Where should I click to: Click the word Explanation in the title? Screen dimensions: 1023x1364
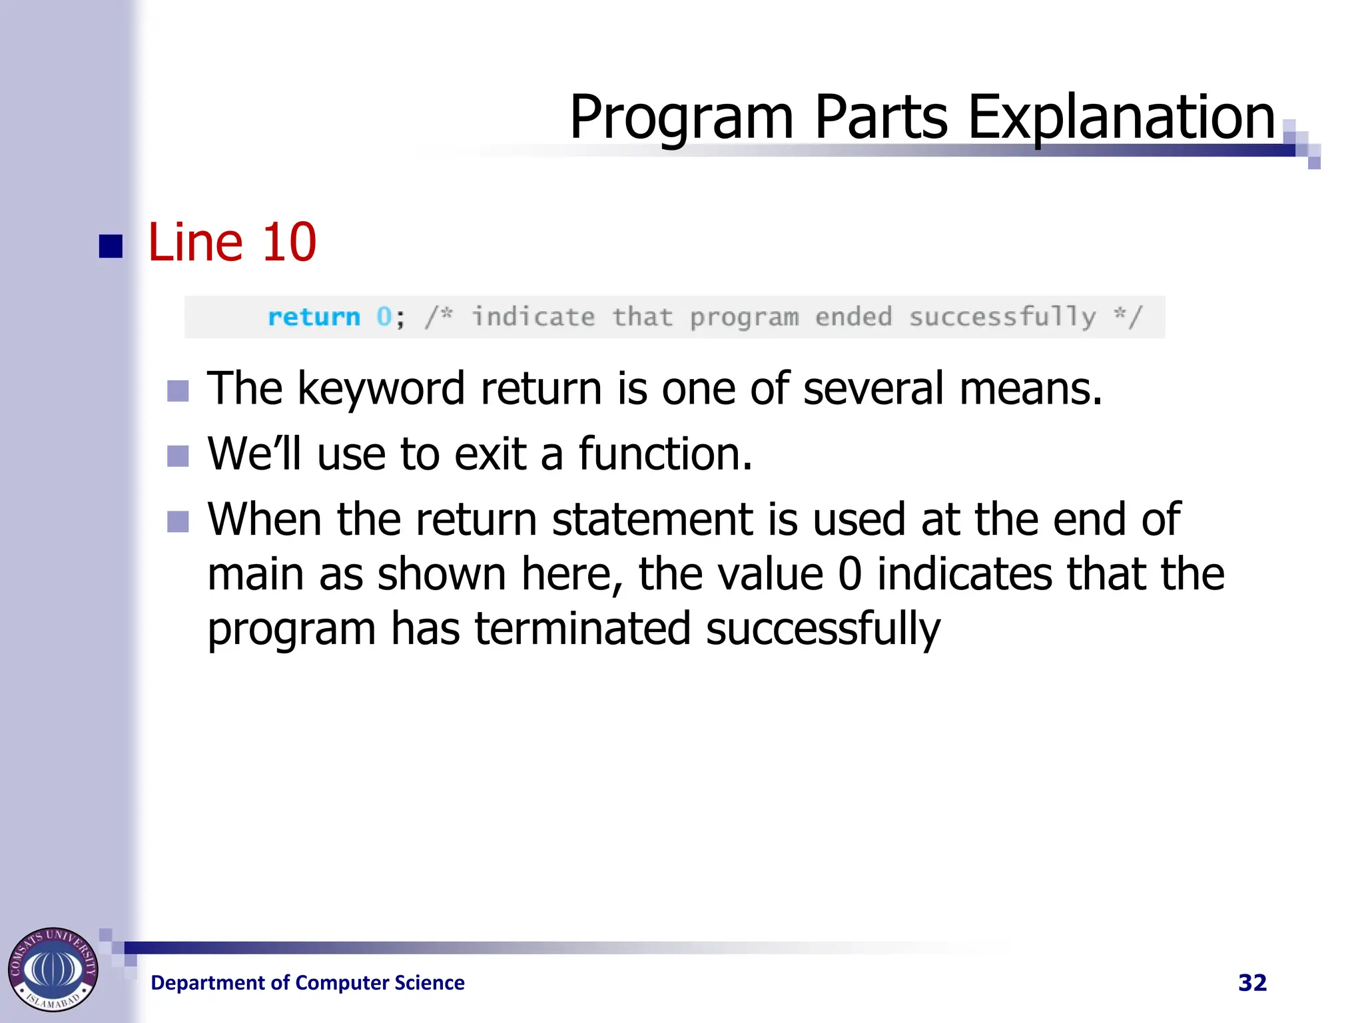tap(1120, 117)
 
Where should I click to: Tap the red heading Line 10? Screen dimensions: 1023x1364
tap(231, 242)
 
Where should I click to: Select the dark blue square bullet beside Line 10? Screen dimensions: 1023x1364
tap(111, 246)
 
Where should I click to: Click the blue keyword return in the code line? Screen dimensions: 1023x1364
tap(314, 317)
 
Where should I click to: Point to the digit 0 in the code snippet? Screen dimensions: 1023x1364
tap(384, 317)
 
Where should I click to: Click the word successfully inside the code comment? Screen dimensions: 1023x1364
tap(1002, 317)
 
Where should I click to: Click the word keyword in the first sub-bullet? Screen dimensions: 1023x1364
tap(381, 389)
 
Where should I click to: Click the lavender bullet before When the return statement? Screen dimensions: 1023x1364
tap(178, 521)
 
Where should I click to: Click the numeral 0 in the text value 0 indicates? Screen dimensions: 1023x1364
tap(850, 574)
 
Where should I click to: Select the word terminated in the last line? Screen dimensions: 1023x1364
tap(582, 629)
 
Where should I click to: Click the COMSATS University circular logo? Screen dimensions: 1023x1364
tap(53, 969)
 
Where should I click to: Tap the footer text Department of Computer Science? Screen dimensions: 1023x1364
tap(307, 983)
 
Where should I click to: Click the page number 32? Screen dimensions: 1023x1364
tap(1252, 983)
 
